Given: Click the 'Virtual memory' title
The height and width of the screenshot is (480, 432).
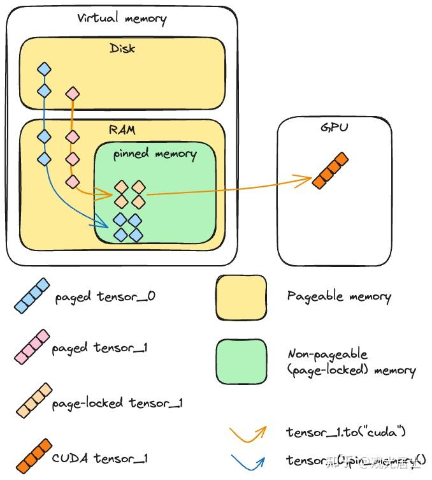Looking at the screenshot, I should point(122,18).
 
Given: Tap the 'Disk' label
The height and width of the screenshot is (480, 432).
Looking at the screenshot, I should point(122,48).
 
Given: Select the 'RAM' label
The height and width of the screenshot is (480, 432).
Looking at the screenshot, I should point(122,130).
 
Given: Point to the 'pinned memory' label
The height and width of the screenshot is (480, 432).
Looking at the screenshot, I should point(155,154).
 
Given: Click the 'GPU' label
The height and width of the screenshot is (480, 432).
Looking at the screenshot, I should point(334,128).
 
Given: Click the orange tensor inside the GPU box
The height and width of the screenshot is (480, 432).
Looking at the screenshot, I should point(330,170).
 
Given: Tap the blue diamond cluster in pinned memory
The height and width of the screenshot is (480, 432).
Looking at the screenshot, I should point(127,228).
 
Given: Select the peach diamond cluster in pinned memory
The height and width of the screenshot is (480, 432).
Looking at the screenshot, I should point(129,194).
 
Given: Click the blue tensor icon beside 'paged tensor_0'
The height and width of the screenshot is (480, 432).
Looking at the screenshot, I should point(32,295).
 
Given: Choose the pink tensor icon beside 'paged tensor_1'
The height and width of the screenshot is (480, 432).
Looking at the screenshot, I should point(32,347).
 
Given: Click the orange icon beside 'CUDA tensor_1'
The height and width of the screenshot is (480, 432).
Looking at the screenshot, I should point(32,456).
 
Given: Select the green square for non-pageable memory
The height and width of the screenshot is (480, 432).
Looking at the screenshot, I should point(241,361).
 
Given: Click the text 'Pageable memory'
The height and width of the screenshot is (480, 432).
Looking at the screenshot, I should point(338,296).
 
